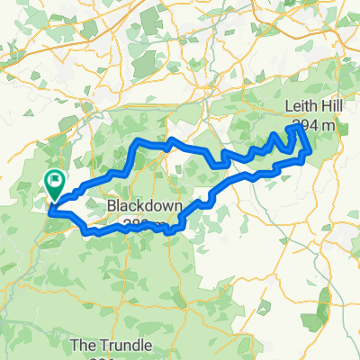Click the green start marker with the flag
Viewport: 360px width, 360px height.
[x=55, y=185]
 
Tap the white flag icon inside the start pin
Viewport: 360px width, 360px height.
[x=56, y=182]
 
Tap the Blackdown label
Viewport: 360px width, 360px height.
[x=145, y=206]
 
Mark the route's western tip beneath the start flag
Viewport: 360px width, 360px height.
[x=50, y=212]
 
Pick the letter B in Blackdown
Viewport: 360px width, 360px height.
[x=112, y=206]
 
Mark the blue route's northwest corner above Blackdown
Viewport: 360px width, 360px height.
[x=136, y=142]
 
